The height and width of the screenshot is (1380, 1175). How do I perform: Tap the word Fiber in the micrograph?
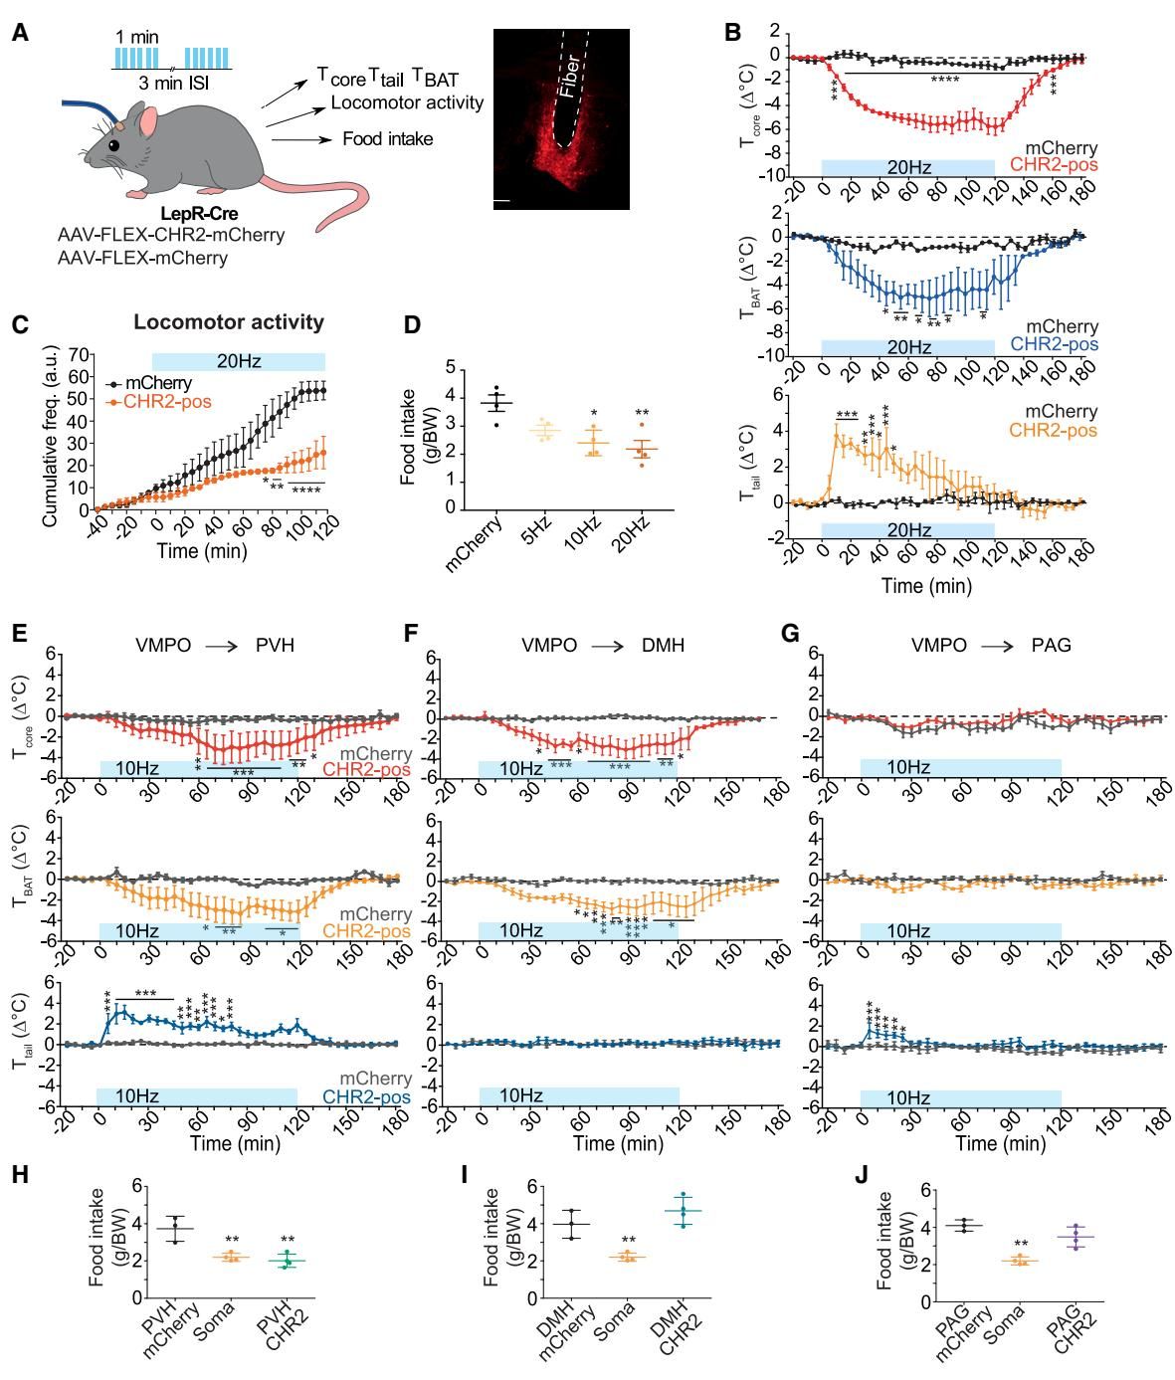[568, 77]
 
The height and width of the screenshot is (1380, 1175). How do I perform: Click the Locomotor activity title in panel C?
[229, 322]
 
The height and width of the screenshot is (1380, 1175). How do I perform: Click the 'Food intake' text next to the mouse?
[387, 139]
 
